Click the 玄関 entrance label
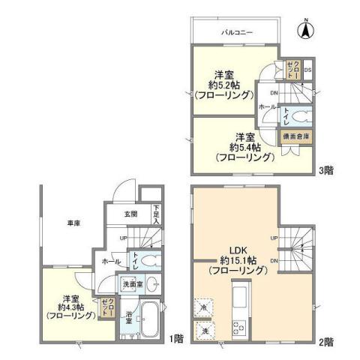(x=130, y=214)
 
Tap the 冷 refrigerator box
(x=202, y=307)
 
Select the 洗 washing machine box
(x=202, y=329)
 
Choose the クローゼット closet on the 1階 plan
(x=106, y=308)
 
